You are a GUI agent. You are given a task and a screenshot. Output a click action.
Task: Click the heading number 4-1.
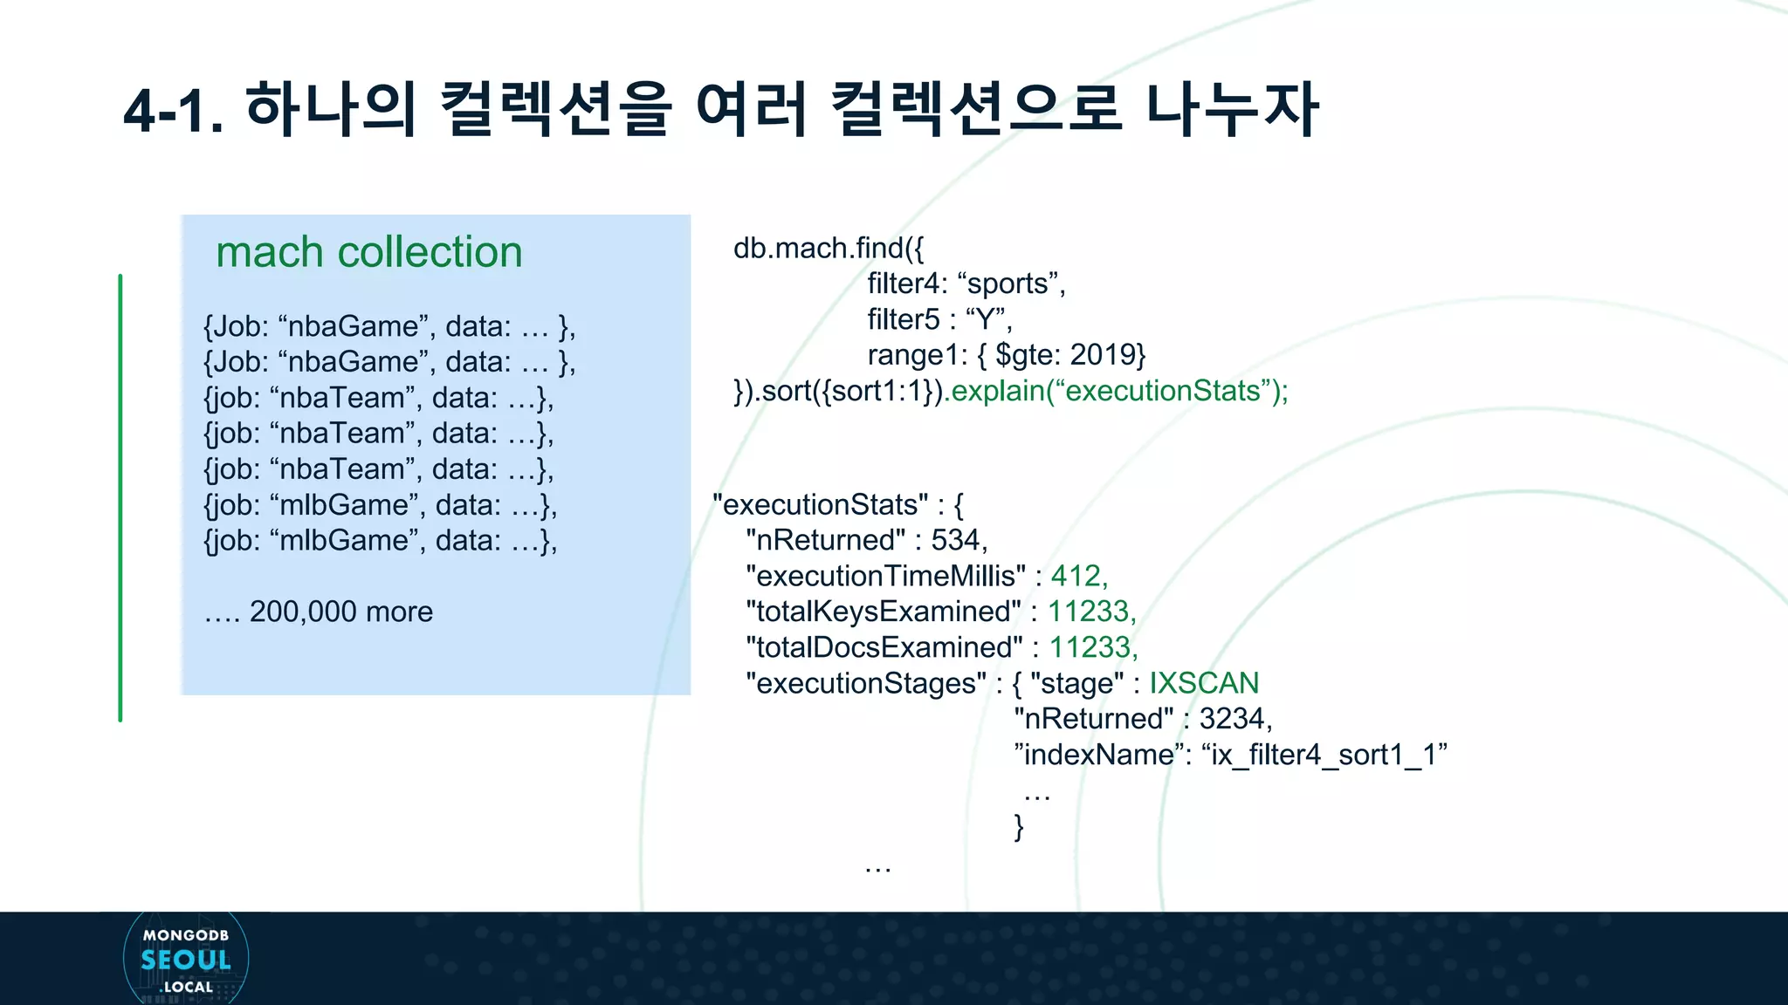coord(173,112)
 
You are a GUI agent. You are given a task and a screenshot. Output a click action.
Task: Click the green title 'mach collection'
coord(368,252)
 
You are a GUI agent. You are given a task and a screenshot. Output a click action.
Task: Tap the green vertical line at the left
coord(120,497)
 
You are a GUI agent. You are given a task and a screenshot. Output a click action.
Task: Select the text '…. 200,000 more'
coord(319,612)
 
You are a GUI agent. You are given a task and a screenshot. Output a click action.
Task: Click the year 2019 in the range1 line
coord(1102,355)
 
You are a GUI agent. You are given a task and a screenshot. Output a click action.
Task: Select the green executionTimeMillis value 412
coord(1076,576)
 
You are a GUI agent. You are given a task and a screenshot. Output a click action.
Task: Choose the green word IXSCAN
coord(1203,683)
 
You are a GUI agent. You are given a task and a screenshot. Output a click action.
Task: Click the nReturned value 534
coord(956,540)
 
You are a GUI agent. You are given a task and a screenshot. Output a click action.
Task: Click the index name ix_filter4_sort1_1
coord(1324,755)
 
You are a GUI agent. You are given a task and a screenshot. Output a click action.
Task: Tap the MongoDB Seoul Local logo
coord(186,960)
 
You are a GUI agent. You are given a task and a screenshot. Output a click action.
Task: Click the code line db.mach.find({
coord(828,249)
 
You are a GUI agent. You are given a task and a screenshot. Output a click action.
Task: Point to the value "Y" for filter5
coord(987,319)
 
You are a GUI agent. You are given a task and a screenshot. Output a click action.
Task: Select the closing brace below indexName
coord(1019,826)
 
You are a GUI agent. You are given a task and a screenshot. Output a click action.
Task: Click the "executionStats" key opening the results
coord(821,504)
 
